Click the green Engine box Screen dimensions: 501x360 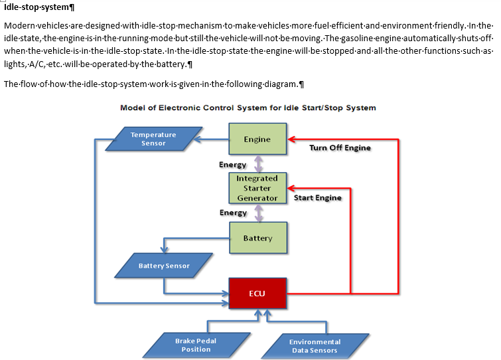coord(257,139)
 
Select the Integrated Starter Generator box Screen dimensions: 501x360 coord(257,188)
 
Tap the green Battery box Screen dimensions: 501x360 coord(258,238)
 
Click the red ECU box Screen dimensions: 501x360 coord(257,294)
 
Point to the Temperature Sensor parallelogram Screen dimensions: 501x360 coord(154,139)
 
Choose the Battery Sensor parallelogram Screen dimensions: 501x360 coord(164,266)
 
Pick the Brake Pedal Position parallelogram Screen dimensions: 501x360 coord(196,345)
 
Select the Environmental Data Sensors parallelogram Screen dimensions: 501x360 coord(315,346)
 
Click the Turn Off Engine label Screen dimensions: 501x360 coord(340,147)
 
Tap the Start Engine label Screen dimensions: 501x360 coord(318,198)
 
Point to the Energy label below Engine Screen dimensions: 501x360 coord(233,165)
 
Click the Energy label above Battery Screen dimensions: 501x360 coord(233,213)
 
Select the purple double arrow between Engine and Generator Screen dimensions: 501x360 coord(259,163)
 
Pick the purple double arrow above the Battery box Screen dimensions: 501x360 coord(259,213)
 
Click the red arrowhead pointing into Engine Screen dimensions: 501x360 coord(291,139)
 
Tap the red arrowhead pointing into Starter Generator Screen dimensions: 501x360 coord(291,188)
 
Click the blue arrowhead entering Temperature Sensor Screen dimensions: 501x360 coord(198,139)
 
